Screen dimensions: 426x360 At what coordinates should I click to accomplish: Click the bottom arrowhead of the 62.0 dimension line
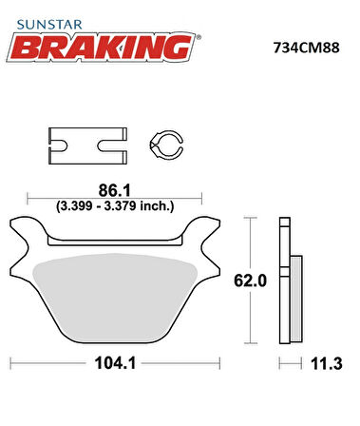(x=250, y=339)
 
